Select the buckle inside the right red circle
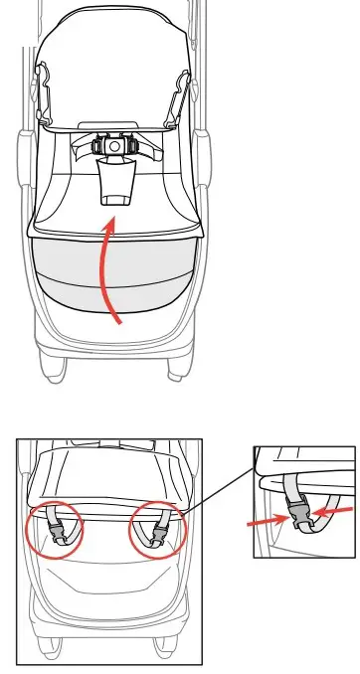point(156,531)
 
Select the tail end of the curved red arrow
point(120,320)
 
